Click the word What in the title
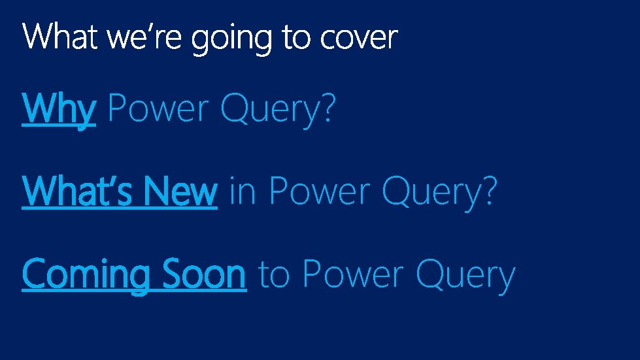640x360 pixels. click(x=61, y=37)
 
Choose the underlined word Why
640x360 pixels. click(x=59, y=108)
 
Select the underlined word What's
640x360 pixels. click(x=80, y=191)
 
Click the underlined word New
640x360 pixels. click(x=180, y=191)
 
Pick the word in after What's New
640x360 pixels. click(x=243, y=191)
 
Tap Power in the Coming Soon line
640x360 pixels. click(x=353, y=274)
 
